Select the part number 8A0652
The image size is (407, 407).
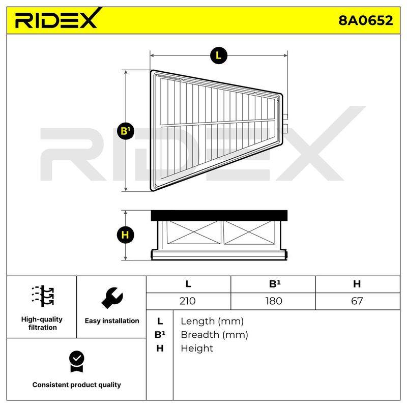(365, 20)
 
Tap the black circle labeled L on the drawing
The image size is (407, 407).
(219, 55)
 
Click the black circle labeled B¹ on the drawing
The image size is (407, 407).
(126, 131)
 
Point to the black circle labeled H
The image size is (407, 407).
(125, 235)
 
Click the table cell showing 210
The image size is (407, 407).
(188, 301)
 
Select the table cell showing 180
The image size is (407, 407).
(273, 301)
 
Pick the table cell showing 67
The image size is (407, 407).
(358, 301)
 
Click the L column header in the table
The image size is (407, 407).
(188, 284)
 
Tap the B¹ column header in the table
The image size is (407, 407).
(273, 284)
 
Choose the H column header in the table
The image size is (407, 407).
(358, 284)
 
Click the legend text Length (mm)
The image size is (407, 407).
(212, 322)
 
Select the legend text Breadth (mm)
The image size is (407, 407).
(214, 335)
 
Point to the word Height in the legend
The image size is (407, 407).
(197, 348)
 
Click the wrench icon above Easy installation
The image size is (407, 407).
(112, 298)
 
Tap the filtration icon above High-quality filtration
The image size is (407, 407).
(43, 296)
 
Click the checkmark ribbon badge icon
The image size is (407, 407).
(77, 361)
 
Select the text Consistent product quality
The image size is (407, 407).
(77, 385)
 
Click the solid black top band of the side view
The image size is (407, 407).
(219, 215)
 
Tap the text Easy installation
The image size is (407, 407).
(112, 321)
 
